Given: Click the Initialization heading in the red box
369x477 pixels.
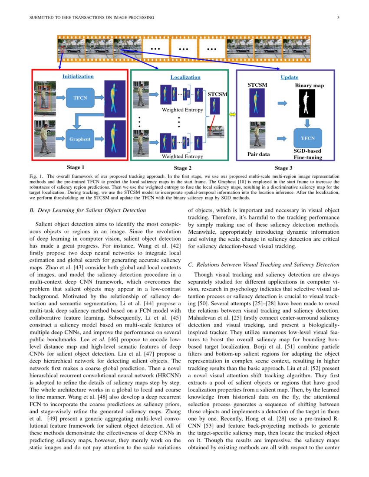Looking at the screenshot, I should click(x=78, y=76).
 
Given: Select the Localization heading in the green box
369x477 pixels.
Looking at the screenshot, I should click(x=185, y=77).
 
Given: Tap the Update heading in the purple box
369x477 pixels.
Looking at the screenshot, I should click(x=289, y=77).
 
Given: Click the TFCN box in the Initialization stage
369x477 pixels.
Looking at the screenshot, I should click(x=80, y=98).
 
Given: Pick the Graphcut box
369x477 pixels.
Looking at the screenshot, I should click(x=80, y=139).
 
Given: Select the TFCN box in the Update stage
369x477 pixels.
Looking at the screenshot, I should click(x=307, y=138).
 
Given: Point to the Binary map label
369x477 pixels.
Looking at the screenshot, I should click(x=309, y=86).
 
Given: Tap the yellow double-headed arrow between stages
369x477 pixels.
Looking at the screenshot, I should click(x=232, y=114).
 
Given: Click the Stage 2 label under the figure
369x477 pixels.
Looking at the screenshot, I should click(x=183, y=168).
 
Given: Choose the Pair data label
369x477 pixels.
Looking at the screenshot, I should click(x=258, y=154).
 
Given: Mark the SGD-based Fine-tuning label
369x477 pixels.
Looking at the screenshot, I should click(x=308, y=154).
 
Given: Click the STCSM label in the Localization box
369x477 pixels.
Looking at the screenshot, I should click(x=217, y=94).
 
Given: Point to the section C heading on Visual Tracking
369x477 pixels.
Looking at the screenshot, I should click(x=264, y=265).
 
